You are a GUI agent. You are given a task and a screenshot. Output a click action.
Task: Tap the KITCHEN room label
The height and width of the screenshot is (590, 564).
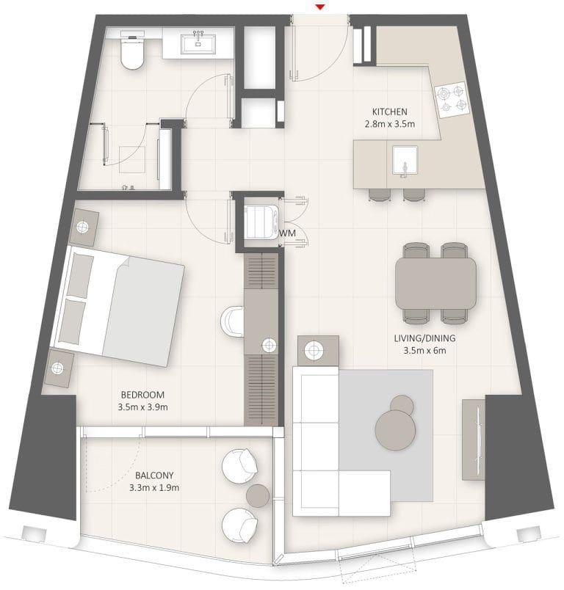coord(389,112)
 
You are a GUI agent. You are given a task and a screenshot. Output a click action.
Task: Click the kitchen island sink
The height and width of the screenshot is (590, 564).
coord(404,160)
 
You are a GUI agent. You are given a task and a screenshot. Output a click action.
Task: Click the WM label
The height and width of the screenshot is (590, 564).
coord(287,233)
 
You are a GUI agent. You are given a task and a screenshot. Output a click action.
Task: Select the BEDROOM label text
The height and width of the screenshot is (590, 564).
coord(143,395)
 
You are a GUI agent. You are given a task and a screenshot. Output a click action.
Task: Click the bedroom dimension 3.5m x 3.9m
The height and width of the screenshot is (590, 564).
coord(143,407)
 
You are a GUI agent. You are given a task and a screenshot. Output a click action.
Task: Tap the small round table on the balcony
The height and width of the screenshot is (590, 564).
coord(258,495)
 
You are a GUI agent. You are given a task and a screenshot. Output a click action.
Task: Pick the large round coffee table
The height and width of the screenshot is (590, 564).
coord(395,429)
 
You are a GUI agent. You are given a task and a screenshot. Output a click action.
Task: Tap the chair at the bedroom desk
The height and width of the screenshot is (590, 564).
coord(231,321)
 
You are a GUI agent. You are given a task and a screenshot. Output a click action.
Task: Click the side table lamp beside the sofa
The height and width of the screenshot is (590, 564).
coord(317,351)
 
